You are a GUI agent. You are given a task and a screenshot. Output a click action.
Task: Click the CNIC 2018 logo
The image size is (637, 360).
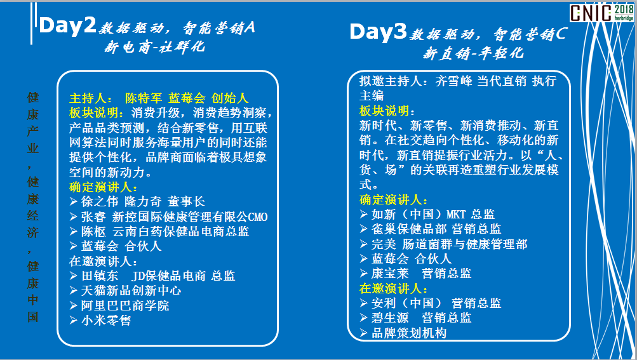point(601,13)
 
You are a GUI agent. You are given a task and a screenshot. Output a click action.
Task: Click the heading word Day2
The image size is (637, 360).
point(67,25)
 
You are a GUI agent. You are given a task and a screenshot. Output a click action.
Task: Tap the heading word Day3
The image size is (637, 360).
point(378,32)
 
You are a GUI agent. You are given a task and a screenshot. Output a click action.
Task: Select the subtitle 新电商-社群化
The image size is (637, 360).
point(154,47)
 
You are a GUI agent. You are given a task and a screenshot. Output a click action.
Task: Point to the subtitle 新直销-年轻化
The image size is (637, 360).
point(473,53)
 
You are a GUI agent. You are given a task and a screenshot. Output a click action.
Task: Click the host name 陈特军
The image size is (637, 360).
point(144,98)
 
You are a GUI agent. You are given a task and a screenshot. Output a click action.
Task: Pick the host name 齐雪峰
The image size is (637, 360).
point(454,81)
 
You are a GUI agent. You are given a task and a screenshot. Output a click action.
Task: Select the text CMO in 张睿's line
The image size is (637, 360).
point(258,217)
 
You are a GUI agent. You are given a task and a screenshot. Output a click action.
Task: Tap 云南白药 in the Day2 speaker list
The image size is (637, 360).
point(137,231)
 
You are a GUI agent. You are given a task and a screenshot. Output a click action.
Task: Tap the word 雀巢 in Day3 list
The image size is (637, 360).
point(384,229)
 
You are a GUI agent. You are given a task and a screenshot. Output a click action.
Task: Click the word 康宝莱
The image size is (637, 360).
point(390,274)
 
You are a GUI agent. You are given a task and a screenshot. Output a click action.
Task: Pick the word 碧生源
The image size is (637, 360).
point(390,317)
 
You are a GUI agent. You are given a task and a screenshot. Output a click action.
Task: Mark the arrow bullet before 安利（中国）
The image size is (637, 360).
point(364,303)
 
